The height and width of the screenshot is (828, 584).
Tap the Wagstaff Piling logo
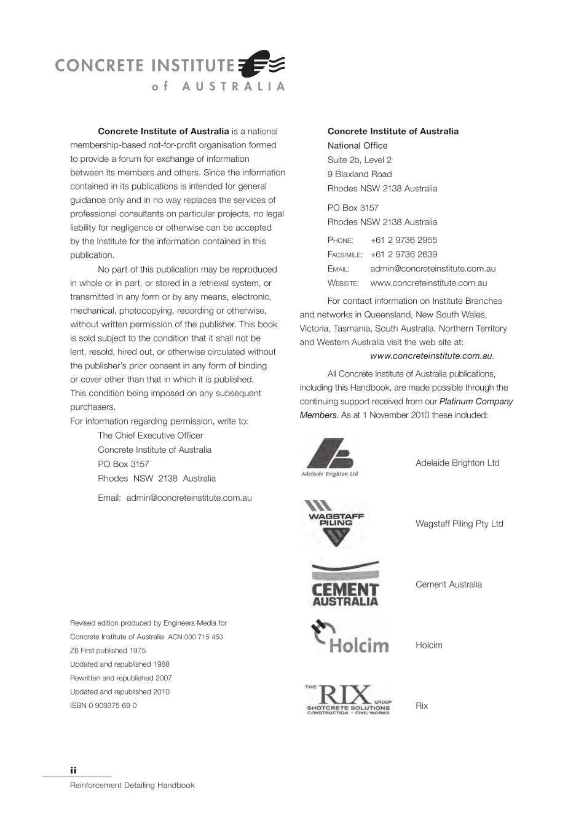pyautogui.click(x=336, y=523)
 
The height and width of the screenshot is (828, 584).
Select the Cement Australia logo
pyautogui.click(x=345, y=584)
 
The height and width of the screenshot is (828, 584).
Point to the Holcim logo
pyautogui.click(x=350, y=638)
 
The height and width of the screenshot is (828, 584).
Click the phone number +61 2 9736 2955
pyautogui.click(x=403, y=240)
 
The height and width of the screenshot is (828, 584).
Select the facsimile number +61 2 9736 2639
pyautogui.click(x=403, y=254)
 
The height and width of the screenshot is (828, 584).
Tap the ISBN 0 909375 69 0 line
pyautogui.click(x=103, y=706)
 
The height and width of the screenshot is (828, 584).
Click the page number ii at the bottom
pyautogui.click(x=73, y=770)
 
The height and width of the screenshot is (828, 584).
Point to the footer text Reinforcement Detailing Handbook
pyautogui.click(x=132, y=786)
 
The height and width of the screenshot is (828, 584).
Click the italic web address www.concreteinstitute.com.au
pyautogui.click(x=432, y=356)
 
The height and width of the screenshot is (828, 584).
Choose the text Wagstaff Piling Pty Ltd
pyautogui.click(x=459, y=523)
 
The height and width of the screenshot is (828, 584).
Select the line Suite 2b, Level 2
pyautogui.click(x=359, y=160)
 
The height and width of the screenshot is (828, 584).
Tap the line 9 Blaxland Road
pyautogui.click(x=359, y=174)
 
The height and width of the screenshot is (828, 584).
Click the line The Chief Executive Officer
pyautogui.click(x=150, y=436)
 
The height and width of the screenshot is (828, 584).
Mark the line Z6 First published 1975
pyautogui.click(x=108, y=650)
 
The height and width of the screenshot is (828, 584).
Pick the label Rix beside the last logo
pyautogui.click(x=421, y=706)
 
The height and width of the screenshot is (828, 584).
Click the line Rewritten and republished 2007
pyautogui.click(x=120, y=678)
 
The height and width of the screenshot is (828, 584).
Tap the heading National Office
pyautogui.click(x=357, y=146)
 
